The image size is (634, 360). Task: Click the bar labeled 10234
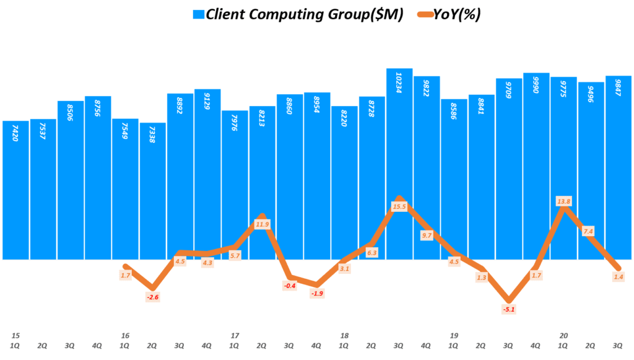tap(399, 155)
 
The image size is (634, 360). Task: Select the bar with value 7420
tap(15, 186)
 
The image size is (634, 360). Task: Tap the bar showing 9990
tap(536, 155)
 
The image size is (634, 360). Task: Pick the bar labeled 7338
tap(152, 186)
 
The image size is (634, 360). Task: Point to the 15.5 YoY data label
tap(399, 206)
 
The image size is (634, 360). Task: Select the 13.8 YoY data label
tap(564, 201)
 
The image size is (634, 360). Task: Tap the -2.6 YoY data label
tap(152, 297)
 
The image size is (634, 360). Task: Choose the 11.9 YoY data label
tap(263, 224)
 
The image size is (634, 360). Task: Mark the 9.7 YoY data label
tap(427, 235)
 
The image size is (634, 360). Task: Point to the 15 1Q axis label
tap(15, 340)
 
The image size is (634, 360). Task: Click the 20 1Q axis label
tap(563, 340)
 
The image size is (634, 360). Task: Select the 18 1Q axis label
tap(344, 340)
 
